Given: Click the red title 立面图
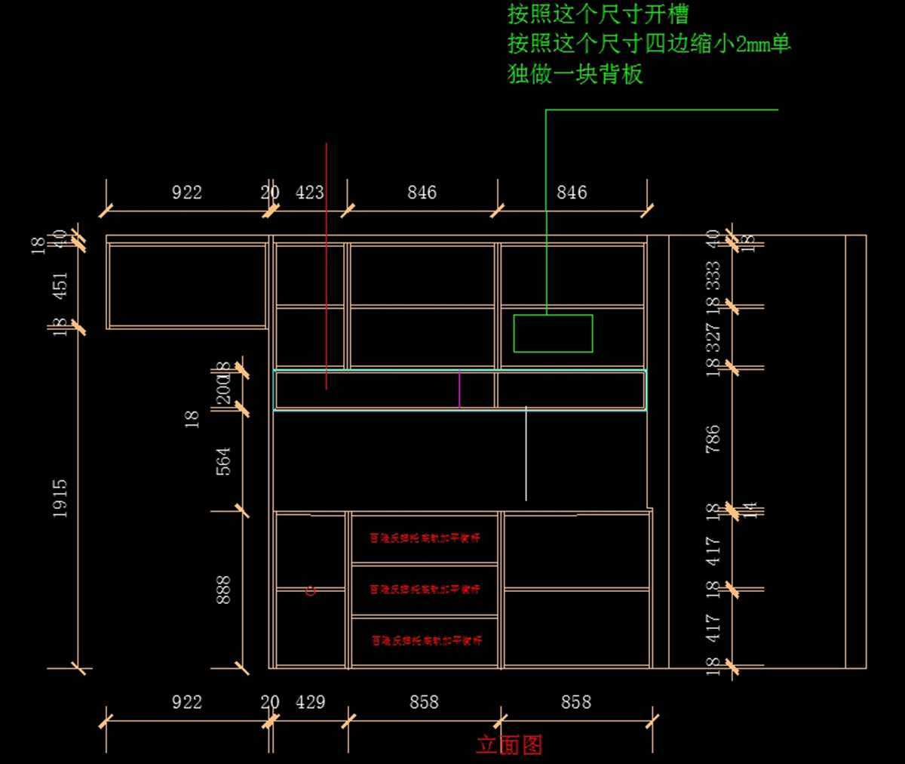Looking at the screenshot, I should click(x=509, y=745).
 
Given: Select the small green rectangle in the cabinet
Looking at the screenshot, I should click(x=553, y=333).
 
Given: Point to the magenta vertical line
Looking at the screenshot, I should click(x=459, y=389).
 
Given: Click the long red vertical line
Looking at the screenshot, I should click(x=326, y=264).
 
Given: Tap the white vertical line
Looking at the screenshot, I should click(x=526, y=453).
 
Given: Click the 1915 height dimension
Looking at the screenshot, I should click(x=60, y=498).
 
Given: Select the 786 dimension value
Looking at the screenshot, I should click(x=713, y=439).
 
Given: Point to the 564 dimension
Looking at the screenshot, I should click(x=223, y=461).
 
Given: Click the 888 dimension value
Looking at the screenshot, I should click(x=223, y=590).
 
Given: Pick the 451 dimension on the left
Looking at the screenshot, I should click(x=60, y=285).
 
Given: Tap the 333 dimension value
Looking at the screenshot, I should click(x=713, y=276).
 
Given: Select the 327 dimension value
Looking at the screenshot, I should click(x=713, y=337).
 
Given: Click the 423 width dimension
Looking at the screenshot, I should click(x=309, y=193).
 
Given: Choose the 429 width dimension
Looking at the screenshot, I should click(x=310, y=702).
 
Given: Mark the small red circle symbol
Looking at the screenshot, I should click(x=310, y=590).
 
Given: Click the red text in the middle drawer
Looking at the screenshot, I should click(x=425, y=589).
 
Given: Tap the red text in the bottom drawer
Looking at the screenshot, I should click(x=426, y=640).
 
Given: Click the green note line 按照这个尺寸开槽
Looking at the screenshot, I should click(x=597, y=14).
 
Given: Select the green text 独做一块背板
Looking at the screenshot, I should click(x=575, y=74).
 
